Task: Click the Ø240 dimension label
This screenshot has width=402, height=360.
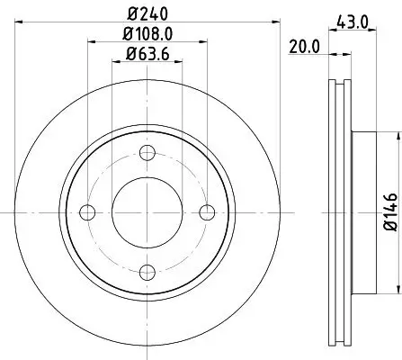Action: click(x=147, y=13)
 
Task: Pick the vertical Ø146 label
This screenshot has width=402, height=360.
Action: click(x=389, y=212)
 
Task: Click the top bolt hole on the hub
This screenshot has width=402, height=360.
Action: click(x=147, y=151)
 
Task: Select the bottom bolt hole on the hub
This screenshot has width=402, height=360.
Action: click(x=147, y=272)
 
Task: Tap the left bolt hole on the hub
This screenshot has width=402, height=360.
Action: click(x=87, y=211)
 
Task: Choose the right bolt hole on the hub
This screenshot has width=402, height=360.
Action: click(x=208, y=211)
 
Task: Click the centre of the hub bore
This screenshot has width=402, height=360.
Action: click(x=147, y=211)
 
